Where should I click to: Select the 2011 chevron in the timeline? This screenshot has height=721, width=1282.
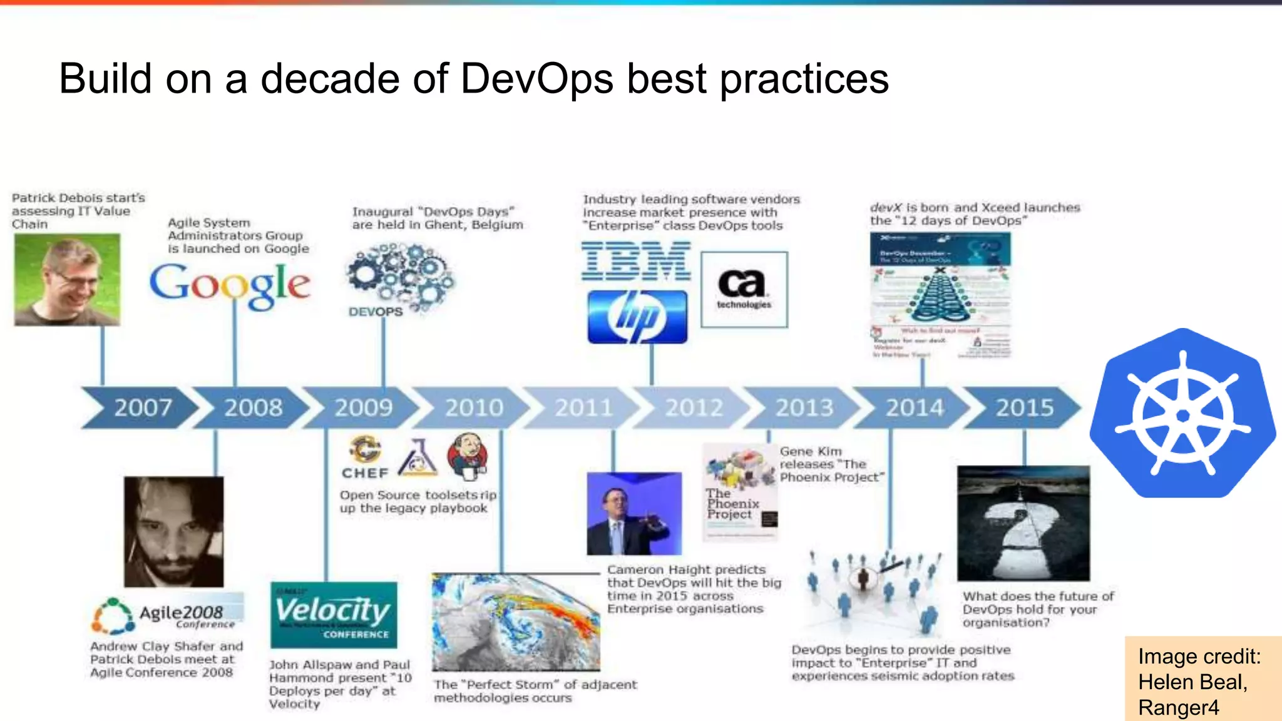tap(583, 408)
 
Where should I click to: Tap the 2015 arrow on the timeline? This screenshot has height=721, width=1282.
tap(1024, 408)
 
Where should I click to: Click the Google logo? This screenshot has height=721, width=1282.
tap(230, 285)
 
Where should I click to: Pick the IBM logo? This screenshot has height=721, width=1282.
tap(636, 262)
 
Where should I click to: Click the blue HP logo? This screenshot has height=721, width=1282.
tap(637, 317)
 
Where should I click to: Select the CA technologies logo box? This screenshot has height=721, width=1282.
tap(744, 290)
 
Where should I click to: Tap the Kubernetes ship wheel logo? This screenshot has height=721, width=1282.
tap(1182, 414)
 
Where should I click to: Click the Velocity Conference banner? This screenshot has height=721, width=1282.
tap(334, 615)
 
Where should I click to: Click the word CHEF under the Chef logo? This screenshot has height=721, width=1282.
tap(365, 473)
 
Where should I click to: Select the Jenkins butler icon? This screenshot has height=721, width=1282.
tap(468, 455)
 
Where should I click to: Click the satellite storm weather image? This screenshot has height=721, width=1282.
tap(515, 622)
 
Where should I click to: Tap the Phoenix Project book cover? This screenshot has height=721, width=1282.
tap(740, 492)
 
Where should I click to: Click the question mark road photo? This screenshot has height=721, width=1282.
tap(1023, 523)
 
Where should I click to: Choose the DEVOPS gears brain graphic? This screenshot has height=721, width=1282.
tap(401, 279)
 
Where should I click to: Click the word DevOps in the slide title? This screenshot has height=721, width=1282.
tap(536, 79)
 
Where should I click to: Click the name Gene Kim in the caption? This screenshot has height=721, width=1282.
tap(811, 451)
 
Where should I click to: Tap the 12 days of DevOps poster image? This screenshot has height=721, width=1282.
tap(940, 294)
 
